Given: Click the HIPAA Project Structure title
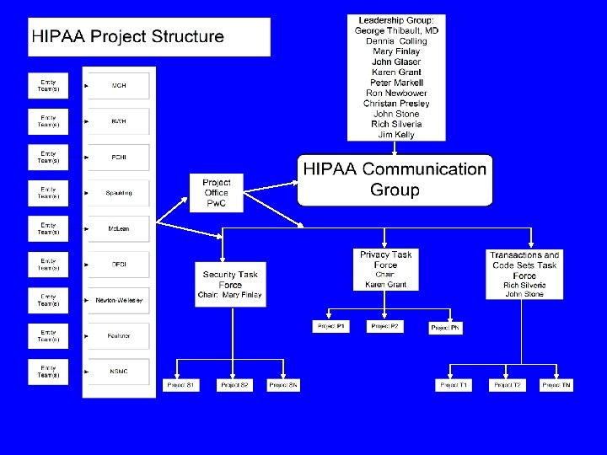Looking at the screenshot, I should click(128, 37).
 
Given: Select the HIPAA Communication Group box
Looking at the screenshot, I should click(394, 179).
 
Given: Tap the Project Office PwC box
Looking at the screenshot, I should click(217, 193).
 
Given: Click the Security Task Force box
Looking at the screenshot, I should click(230, 285).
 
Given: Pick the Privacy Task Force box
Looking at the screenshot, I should click(385, 270).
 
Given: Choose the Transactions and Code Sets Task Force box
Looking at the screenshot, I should click(524, 274).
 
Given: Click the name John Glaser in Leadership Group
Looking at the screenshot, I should click(396, 62).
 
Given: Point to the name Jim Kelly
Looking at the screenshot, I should click(396, 135).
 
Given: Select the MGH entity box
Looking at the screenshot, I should click(119, 85).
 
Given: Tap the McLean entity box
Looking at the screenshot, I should click(119, 228).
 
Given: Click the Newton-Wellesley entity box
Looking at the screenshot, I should click(119, 300).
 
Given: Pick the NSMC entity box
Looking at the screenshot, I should click(119, 372).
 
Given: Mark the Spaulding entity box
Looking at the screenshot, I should click(119, 193).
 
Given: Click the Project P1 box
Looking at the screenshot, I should click(330, 326).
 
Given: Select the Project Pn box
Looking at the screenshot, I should click(445, 327).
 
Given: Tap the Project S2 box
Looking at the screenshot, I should click(234, 385).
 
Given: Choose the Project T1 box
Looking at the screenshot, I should click(453, 385).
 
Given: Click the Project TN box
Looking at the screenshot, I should click(556, 385).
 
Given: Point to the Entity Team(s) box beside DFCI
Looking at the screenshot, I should click(48, 265).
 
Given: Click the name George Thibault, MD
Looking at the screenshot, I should click(396, 30).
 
